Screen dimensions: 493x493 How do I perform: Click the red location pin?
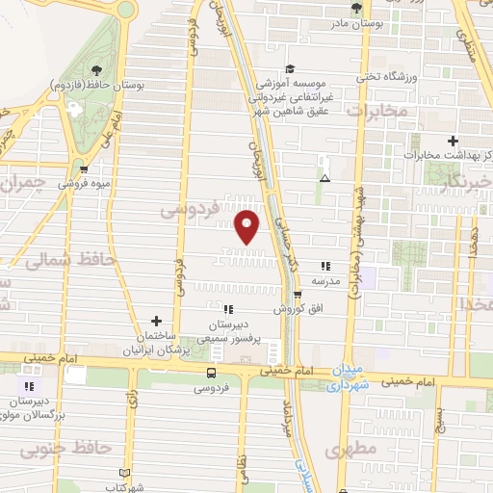click(247, 226)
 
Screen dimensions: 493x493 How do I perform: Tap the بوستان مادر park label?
click(356, 21)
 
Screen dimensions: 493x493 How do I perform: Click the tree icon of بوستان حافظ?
click(96, 69)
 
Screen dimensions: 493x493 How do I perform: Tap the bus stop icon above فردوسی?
click(211, 373)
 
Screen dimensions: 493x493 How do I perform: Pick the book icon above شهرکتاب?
click(122, 472)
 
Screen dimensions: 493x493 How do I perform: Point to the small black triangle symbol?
click(325, 178)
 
